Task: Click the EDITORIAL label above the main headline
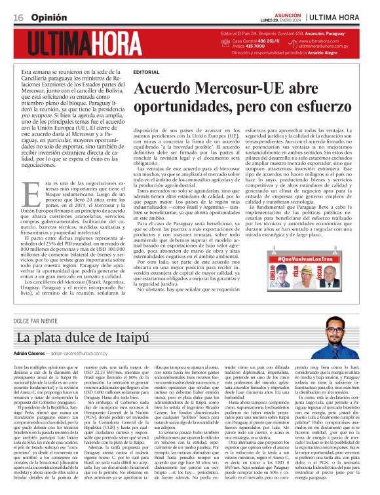click(145, 71)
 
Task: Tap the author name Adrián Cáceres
click(31, 352)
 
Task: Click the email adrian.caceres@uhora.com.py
click(85, 352)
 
